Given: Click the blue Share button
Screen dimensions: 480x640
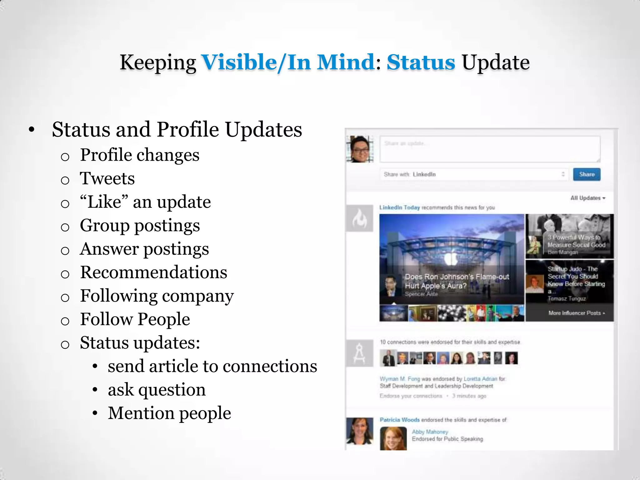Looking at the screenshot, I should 587,174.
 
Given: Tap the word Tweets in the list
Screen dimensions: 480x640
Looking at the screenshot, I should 107,178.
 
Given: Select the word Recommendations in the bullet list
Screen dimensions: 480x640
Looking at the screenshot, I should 153,272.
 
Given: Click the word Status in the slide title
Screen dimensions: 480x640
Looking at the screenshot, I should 421,62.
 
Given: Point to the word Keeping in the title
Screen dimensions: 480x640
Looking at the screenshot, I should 158,62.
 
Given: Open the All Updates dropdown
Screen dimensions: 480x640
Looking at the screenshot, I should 588,198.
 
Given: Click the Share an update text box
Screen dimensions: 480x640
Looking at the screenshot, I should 490,149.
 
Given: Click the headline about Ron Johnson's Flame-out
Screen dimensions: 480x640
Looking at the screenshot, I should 457,281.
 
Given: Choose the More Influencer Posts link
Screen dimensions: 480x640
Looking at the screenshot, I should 576,313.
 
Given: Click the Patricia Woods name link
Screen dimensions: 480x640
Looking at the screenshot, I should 399,420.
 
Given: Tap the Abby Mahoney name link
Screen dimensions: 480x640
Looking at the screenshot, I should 430,432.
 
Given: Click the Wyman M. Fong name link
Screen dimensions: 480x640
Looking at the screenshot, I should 400,379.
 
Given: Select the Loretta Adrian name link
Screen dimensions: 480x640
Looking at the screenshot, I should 480,379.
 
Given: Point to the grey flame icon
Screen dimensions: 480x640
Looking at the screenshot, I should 359,218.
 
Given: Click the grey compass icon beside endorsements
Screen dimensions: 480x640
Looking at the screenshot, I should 359,353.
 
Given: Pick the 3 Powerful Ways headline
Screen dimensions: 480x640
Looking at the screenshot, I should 576,241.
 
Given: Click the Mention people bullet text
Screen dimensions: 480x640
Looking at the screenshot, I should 169,413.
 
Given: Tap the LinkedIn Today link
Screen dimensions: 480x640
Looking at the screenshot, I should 399,207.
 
